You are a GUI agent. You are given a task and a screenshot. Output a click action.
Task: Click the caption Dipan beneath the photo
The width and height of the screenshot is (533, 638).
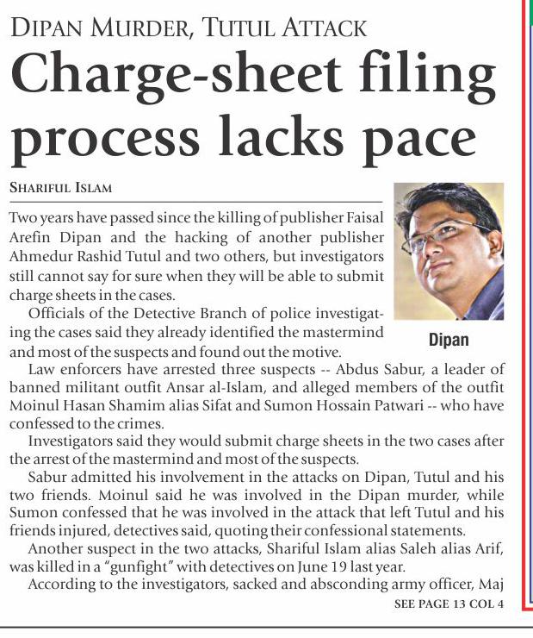449,339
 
